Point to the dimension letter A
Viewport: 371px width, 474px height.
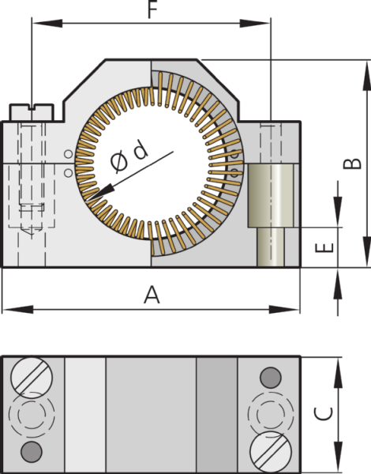152,295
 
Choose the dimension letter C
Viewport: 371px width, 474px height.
323,413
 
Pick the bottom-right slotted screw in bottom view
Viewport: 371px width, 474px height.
268,453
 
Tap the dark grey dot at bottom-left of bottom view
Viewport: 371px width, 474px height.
32,451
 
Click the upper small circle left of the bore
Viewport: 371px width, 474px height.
68,153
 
